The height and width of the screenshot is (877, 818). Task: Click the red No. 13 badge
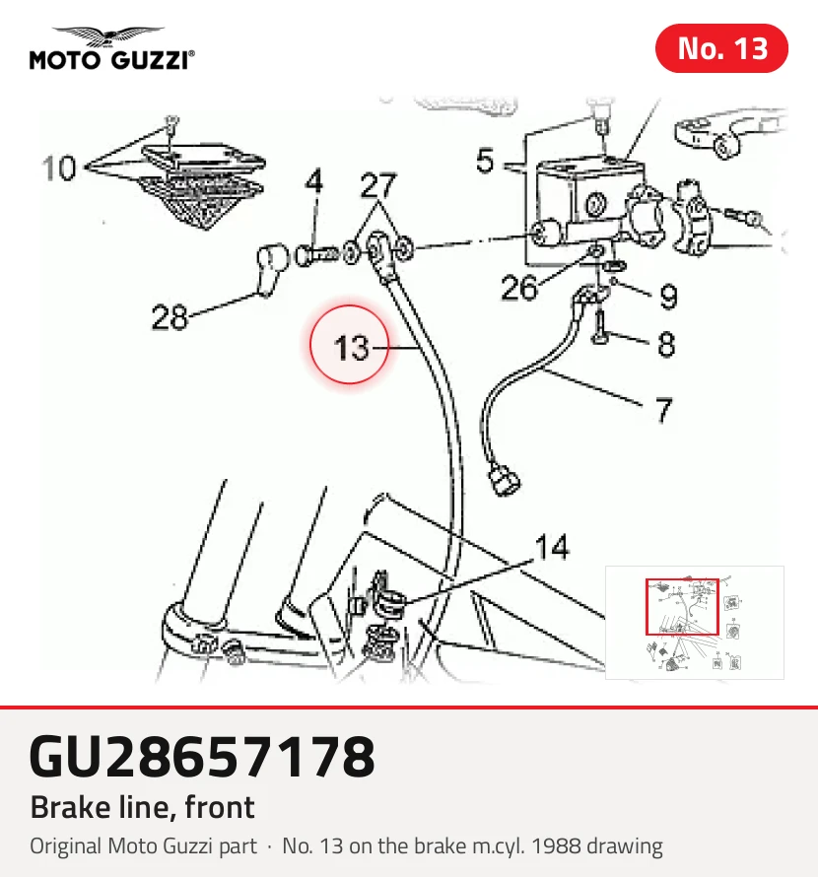pos(721,48)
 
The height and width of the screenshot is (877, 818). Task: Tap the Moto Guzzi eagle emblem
pos(108,36)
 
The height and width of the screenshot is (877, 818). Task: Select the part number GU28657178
pos(202,756)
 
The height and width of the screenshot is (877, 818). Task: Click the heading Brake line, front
pos(143,807)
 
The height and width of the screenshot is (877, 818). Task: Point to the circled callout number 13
pos(351,347)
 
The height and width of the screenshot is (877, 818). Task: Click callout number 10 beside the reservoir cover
pos(59,168)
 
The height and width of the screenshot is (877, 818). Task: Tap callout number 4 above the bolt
pos(314,180)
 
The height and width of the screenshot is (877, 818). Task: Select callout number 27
pos(378,185)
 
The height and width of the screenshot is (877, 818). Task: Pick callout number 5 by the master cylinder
pos(485,161)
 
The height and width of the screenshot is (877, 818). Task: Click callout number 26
pos(519,288)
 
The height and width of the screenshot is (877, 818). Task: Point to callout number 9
pos(668,297)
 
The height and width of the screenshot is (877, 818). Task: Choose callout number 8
pos(666,344)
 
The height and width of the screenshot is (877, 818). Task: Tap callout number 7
pos(663,410)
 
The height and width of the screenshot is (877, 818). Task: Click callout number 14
pos(552,547)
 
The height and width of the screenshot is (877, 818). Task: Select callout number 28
pos(170,317)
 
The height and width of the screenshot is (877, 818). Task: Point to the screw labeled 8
pos(600,328)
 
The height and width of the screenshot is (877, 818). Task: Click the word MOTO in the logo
pos(64,60)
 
